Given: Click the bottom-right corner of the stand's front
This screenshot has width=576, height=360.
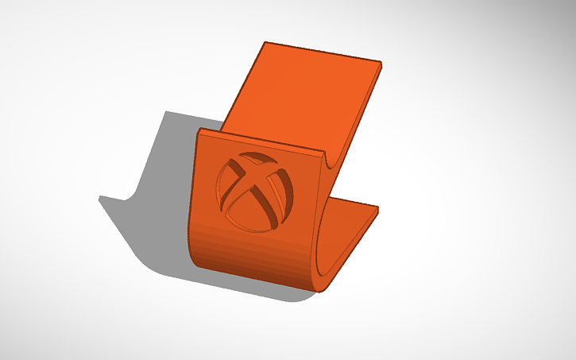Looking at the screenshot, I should tap(323, 289).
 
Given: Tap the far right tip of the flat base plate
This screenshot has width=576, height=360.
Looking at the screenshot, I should tap(379, 208).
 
